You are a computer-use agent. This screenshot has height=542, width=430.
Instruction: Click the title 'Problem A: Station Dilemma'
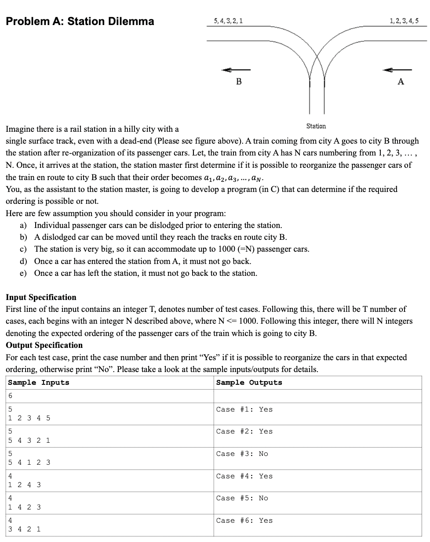(x=80, y=21)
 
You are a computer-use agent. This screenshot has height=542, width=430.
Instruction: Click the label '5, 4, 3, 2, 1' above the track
(x=228, y=21)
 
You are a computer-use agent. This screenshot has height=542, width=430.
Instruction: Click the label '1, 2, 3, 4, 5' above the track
(x=404, y=21)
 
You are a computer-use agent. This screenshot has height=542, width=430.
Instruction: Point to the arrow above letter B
(x=236, y=70)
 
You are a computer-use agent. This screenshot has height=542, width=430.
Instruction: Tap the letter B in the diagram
(x=239, y=81)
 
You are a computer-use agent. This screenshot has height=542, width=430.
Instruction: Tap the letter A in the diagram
(x=401, y=81)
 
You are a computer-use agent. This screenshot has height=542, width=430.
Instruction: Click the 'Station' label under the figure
(x=316, y=126)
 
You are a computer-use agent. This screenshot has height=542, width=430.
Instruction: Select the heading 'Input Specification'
(x=41, y=297)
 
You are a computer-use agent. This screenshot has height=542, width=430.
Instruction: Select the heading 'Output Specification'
(x=44, y=345)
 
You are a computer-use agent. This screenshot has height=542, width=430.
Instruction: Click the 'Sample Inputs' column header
(x=39, y=383)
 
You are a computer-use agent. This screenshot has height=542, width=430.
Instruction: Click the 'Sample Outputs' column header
(x=249, y=383)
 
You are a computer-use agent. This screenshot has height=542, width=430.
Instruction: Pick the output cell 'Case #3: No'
(x=242, y=454)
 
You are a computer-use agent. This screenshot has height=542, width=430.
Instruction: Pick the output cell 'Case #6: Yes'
(x=244, y=520)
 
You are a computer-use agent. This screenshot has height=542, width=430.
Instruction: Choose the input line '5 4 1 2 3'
(x=29, y=463)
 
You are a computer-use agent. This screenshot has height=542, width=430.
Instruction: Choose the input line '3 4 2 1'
(x=25, y=529)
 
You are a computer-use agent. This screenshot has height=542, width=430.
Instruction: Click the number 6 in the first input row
(x=10, y=396)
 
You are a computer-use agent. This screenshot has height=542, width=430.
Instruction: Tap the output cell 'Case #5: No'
(x=242, y=498)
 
